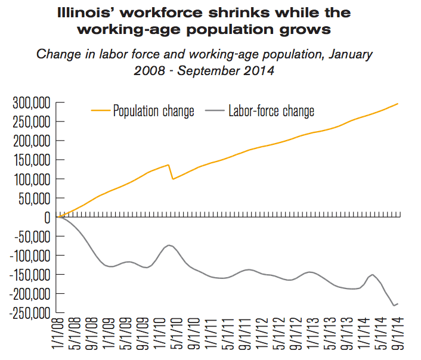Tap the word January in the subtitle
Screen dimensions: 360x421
tap(346, 54)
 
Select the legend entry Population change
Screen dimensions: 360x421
tap(153, 111)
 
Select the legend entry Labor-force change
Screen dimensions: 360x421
tap(271, 111)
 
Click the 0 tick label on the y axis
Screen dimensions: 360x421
tap(46, 218)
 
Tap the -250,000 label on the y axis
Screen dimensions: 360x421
tap(29, 313)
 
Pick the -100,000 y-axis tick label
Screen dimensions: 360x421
tap(29, 256)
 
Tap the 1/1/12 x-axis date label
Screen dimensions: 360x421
tap(261, 337)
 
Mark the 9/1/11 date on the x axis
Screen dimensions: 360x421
tap(244, 337)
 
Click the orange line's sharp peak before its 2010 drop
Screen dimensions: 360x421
tap(169, 165)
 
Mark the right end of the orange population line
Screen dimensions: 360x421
tap(398, 104)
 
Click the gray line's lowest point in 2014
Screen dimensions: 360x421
tap(393, 306)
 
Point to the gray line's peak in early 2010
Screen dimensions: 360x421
tap(169, 245)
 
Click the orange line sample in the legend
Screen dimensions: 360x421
tap(100, 111)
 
